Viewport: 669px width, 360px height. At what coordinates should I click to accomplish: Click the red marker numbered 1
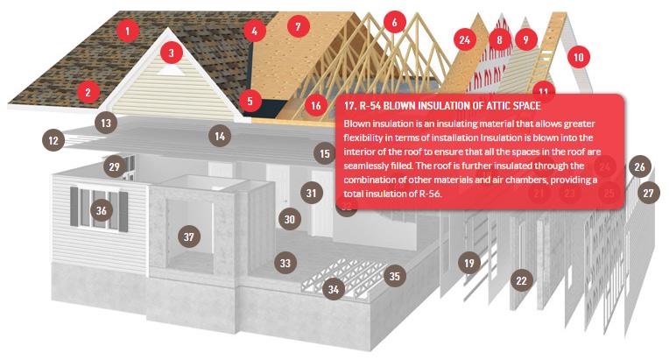tap(127, 31)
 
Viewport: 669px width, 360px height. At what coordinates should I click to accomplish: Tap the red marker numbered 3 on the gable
tap(172, 53)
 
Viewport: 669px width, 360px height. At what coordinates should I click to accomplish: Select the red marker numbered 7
tap(299, 26)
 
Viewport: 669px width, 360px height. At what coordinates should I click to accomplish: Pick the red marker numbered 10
tap(579, 57)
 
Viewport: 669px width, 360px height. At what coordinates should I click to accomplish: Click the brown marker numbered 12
tap(53, 140)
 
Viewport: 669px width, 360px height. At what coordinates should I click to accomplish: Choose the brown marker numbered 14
tap(220, 136)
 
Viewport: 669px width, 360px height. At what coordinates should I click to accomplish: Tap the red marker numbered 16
tap(316, 105)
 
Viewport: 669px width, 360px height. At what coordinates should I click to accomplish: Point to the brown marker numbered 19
tap(469, 263)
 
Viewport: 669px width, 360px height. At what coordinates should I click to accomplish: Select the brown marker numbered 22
tap(521, 280)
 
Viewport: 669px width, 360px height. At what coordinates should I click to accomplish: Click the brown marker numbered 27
tap(649, 194)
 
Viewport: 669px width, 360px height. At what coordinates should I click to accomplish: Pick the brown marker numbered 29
tap(115, 166)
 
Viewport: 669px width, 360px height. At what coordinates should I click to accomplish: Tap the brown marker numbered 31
tap(312, 193)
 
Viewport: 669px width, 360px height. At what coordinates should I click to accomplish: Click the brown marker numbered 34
tap(334, 290)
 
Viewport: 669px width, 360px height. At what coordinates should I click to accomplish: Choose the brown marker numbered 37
tap(189, 236)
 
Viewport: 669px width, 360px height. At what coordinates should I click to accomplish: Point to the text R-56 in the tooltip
tap(430, 194)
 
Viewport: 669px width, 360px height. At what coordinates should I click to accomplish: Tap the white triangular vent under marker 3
tap(171, 70)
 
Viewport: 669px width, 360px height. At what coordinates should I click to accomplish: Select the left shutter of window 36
tap(74, 206)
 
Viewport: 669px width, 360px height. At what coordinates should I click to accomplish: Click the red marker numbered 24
tap(465, 39)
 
